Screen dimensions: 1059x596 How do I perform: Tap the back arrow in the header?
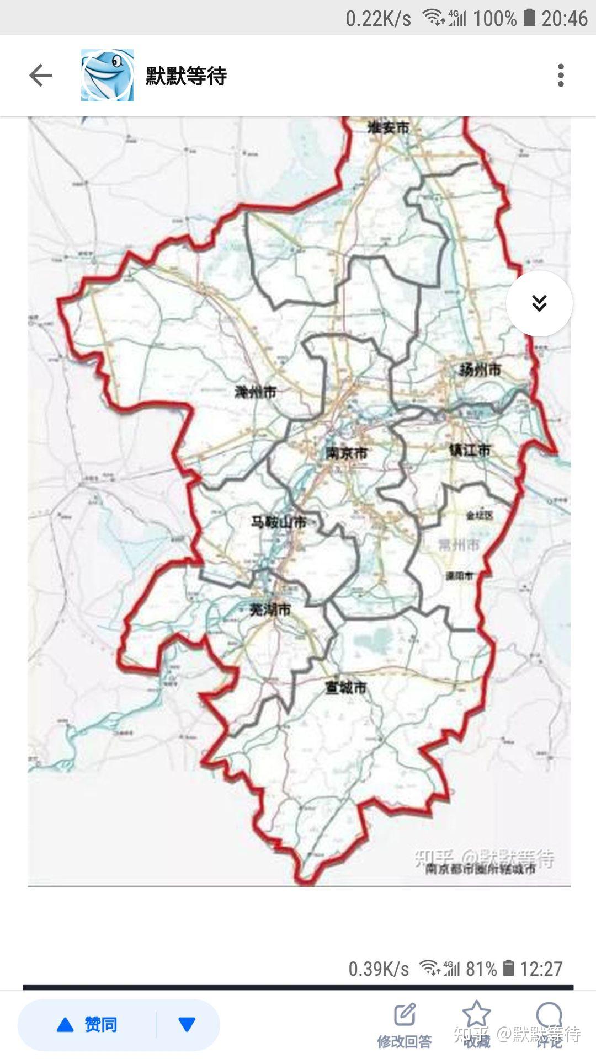pos(40,76)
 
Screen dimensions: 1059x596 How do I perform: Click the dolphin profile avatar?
pos(107,76)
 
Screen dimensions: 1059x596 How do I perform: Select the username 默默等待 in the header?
pos(187,76)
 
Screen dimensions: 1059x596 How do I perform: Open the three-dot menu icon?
pos(561,76)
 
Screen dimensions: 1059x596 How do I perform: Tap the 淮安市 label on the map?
pos(389,128)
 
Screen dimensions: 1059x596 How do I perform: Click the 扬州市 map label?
pos(480,370)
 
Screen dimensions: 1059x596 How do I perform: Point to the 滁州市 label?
pos(256,392)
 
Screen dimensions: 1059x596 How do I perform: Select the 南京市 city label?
pos(347,453)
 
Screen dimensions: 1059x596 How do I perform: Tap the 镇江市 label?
pos(470,450)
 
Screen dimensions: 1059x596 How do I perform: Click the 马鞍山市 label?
pos(279,522)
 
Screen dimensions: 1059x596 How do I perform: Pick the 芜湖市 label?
pos(270,609)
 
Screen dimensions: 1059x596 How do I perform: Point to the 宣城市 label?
pos(346,688)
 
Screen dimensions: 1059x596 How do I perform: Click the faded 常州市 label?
pos(459,545)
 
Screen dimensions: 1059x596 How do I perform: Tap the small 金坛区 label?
pos(479,515)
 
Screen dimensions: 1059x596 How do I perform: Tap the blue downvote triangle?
pos(187,1025)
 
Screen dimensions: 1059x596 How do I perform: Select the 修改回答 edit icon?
pos(405,1015)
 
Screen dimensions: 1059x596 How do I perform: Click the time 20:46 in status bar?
pos(564,19)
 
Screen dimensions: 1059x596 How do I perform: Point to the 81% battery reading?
pos(481,969)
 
